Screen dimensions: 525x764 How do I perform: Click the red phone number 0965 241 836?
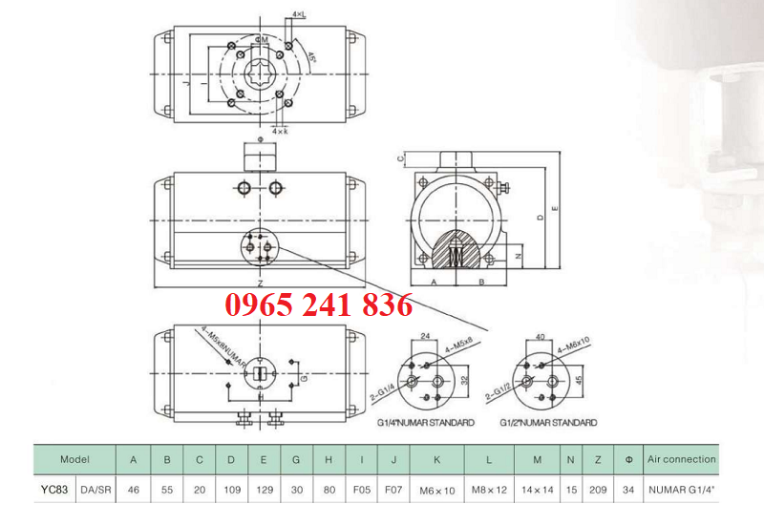(319, 305)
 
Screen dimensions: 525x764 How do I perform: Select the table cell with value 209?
(597, 489)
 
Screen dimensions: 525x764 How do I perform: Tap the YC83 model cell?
(55, 489)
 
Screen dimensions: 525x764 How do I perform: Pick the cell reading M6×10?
(437, 489)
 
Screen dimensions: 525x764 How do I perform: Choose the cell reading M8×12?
(489, 489)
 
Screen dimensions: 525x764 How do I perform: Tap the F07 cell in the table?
(393, 489)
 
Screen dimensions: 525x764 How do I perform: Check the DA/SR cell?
(95, 489)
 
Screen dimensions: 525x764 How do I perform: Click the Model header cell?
(74, 459)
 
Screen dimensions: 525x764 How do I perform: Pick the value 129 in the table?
(264, 489)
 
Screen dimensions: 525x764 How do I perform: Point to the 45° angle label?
(310, 57)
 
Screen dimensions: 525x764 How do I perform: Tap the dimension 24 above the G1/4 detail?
(426, 335)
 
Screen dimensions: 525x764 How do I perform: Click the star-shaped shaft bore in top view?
(258, 74)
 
